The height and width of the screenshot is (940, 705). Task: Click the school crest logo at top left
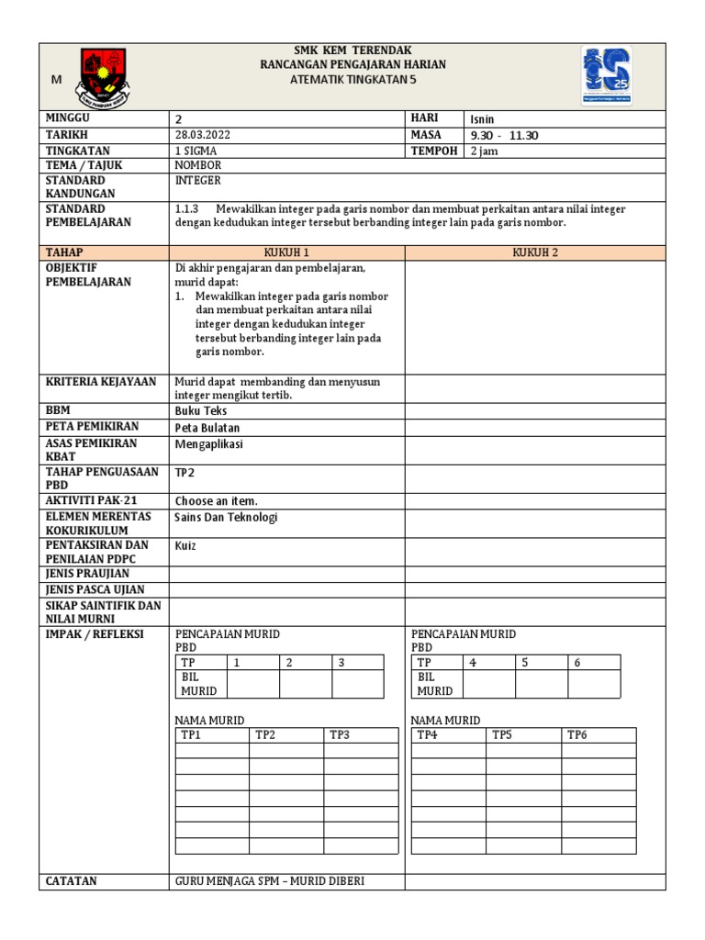(102, 75)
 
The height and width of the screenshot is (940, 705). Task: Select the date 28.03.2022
(203, 135)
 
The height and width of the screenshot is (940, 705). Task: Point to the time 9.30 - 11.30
(504, 135)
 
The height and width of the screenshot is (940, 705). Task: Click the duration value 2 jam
(484, 151)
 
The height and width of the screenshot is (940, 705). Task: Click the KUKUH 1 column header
(286, 252)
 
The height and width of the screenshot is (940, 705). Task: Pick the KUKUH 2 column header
(535, 252)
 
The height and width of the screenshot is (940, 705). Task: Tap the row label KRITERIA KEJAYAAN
(101, 381)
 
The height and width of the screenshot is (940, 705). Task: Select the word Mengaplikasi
(209, 444)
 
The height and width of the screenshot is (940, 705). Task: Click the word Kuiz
(185, 546)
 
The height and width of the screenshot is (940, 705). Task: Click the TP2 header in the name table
(265, 734)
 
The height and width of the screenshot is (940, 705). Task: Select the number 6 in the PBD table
(577, 662)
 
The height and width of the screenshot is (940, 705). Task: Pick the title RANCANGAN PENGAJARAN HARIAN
(352, 65)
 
